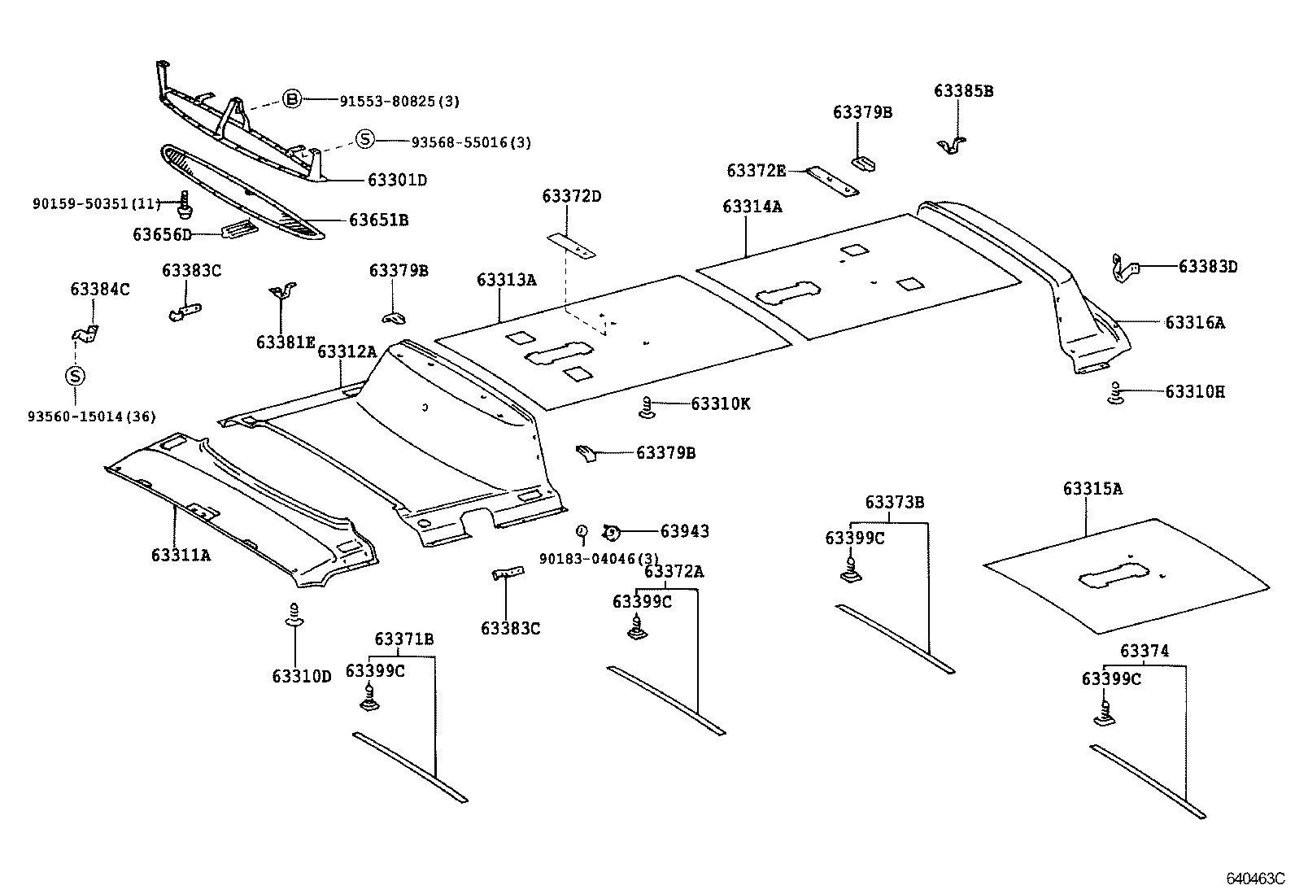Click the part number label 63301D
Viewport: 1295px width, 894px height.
(397, 181)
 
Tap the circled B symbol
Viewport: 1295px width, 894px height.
(293, 99)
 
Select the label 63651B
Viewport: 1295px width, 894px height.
(379, 220)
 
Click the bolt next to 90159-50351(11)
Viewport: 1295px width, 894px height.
(185, 205)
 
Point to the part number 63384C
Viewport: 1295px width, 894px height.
(100, 289)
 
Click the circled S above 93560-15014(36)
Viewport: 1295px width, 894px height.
(75, 376)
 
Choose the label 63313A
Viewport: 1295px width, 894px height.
(507, 280)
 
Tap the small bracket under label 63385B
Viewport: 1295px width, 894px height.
(951, 146)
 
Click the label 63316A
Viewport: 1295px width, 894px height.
(1194, 323)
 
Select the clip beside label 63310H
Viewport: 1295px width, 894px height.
(1116, 393)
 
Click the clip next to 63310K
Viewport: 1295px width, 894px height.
(647, 407)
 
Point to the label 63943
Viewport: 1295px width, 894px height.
(684, 531)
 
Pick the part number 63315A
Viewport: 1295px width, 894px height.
(1092, 489)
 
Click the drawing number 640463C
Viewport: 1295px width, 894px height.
(1255, 879)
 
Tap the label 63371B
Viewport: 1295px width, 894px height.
(404, 639)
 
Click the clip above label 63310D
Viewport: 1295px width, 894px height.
(294, 615)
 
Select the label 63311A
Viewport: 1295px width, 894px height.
(181, 556)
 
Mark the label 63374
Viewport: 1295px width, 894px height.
(1145, 651)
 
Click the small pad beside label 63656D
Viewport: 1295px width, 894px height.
(239, 229)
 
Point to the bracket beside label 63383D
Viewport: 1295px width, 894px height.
(1124, 268)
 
